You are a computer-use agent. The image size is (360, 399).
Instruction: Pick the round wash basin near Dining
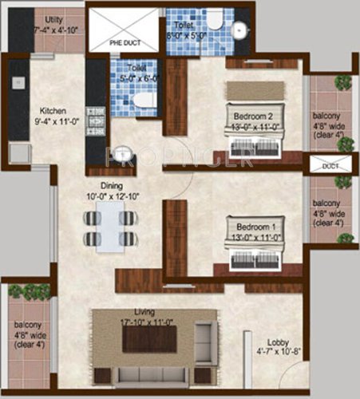point(122,153)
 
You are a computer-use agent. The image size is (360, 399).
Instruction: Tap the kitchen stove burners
point(97,118)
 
